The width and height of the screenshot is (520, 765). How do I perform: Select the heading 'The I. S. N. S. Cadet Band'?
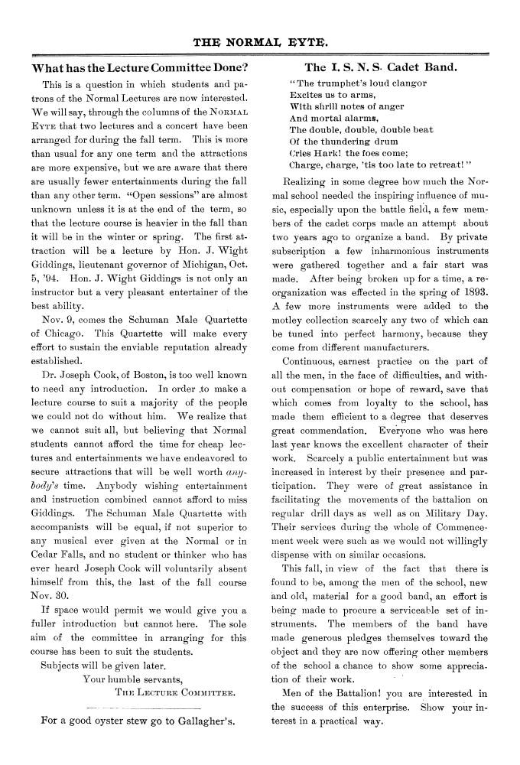pyautogui.click(x=381, y=67)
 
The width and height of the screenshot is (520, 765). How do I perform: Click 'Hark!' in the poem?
pyautogui.click(x=320, y=152)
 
